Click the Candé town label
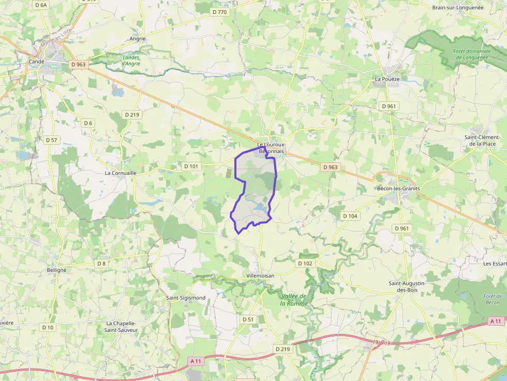tap(36, 62)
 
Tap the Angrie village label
tap(138, 39)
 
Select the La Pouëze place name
tap(387, 79)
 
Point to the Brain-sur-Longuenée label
tap(457, 8)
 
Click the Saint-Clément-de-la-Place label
tap(485, 140)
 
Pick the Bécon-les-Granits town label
tap(398, 189)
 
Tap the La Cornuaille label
tap(120, 173)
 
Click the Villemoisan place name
tap(260, 276)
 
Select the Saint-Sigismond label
tap(186, 298)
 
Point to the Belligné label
tap(56, 270)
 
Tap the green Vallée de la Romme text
tap(294, 300)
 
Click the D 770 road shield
tap(219, 12)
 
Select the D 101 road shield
tap(191, 166)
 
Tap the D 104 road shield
tap(350, 216)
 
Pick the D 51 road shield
tap(248, 319)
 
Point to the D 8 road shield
tap(101, 264)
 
